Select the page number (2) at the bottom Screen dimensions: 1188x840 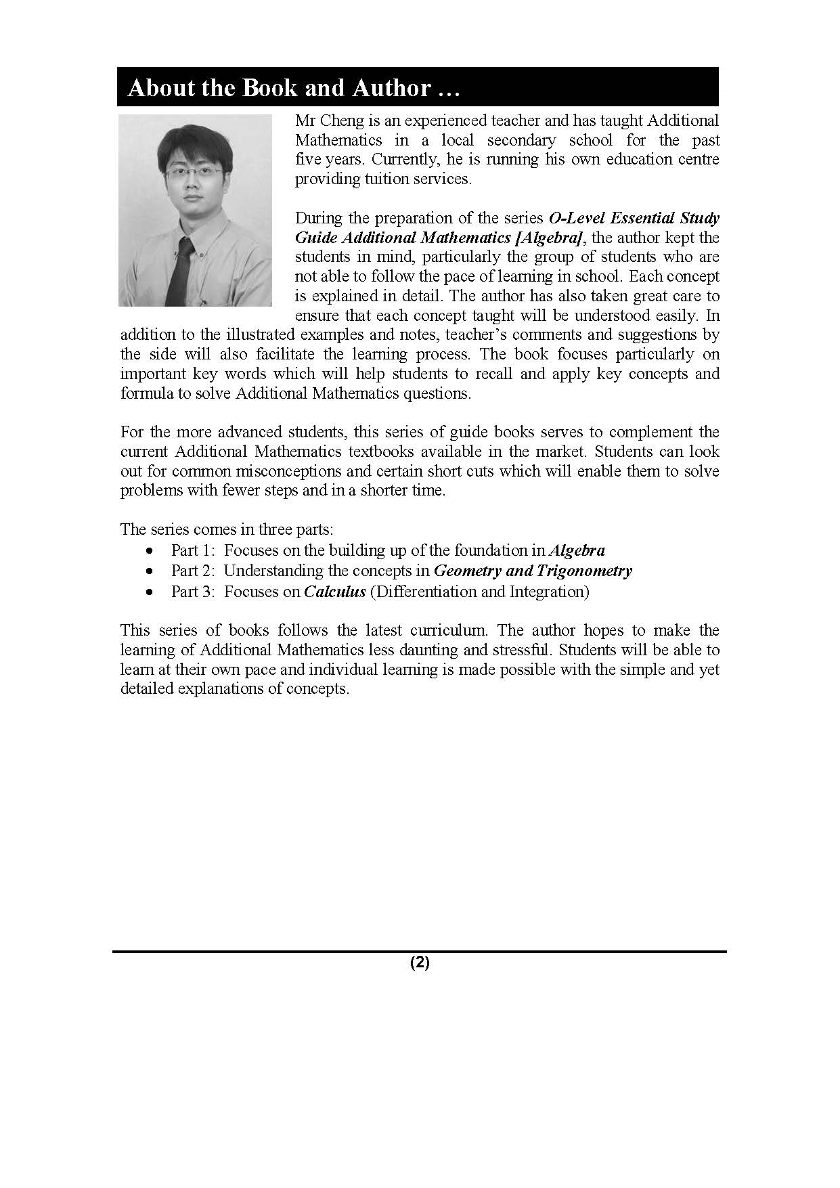[x=420, y=963]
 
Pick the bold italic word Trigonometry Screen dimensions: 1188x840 [x=584, y=571]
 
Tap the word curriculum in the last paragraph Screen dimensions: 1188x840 [x=449, y=630]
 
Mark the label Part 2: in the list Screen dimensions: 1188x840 [x=193, y=571]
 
